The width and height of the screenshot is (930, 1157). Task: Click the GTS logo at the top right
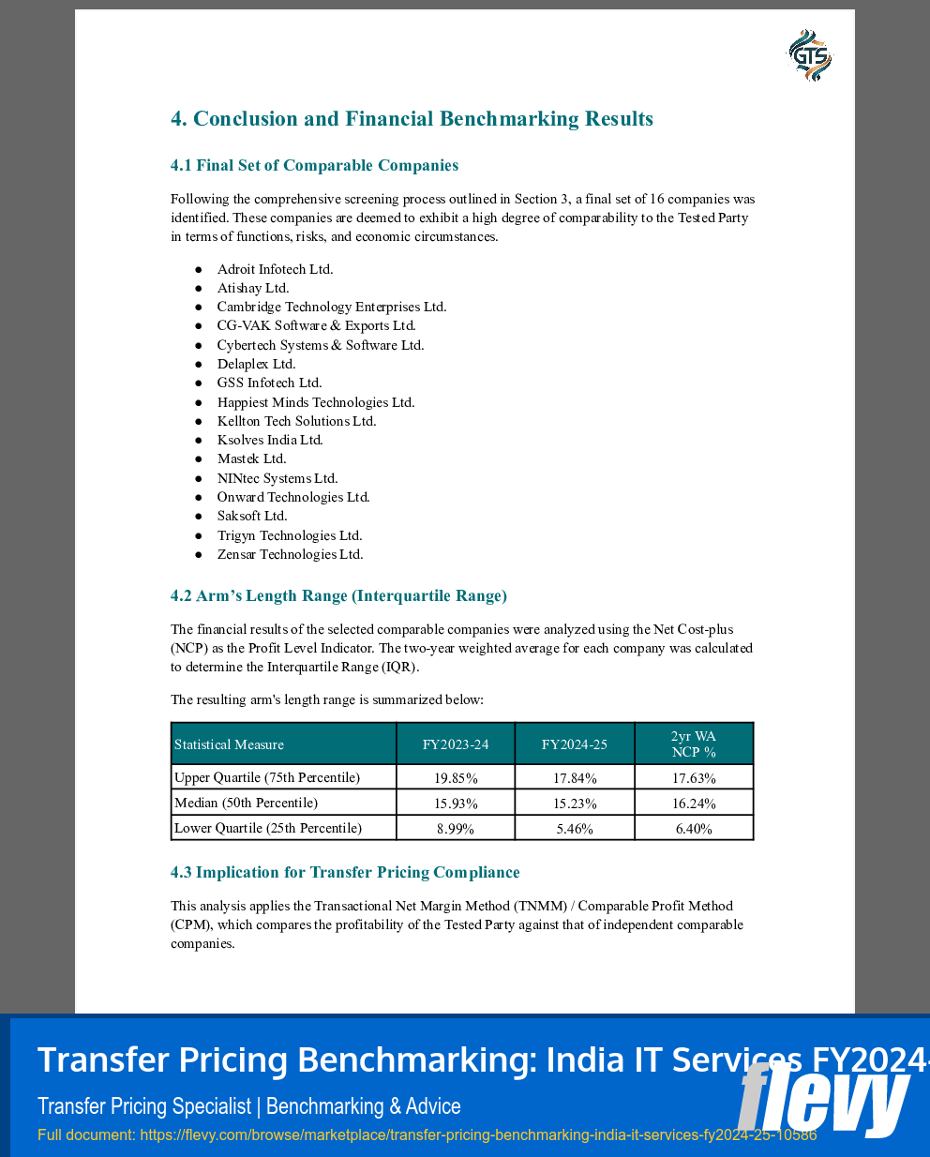[809, 55]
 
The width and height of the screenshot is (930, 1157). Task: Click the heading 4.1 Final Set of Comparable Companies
[314, 165]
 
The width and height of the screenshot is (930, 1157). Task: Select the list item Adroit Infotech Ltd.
[275, 269]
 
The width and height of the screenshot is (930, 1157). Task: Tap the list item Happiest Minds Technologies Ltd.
[315, 402]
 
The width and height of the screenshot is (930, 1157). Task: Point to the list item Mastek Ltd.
[251, 458]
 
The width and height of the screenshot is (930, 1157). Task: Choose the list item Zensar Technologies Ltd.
[290, 554]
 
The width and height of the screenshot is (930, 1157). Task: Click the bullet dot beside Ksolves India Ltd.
[199, 440]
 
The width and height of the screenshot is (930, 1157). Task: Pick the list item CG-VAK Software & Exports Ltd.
[316, 325]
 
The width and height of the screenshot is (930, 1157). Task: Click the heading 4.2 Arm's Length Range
[338, 595]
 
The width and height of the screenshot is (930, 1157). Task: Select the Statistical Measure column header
[230, 744]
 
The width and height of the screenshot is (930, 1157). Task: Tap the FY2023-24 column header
[456, 744]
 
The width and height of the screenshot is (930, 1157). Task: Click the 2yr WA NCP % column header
[694, 744]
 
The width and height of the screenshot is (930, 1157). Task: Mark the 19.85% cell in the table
[456, 778]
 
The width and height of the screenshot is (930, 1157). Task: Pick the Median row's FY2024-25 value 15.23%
[575, 804]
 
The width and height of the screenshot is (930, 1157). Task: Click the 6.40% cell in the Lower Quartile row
[694, 829]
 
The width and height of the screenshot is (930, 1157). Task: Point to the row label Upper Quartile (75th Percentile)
[267, 777]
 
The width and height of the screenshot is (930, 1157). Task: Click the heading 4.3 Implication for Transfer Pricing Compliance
[345, 872]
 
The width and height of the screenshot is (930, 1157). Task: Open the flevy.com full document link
[478, 1134]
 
